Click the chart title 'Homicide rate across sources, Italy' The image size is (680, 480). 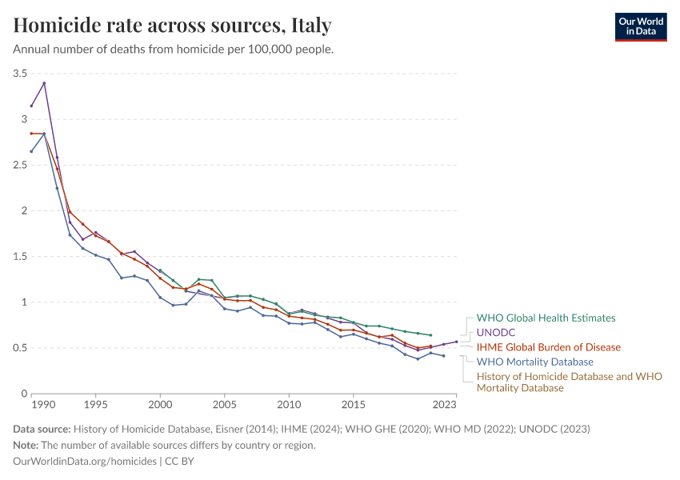point(173,26)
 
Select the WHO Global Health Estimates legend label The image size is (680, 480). point(546,318)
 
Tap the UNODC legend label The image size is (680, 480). point(496,332)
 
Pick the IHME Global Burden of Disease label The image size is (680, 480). point(548,347)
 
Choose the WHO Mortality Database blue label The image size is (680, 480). point(534,362)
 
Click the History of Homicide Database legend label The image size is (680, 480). point(569,382)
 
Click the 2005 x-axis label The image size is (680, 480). point(224,404)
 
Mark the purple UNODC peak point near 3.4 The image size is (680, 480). point(44,83)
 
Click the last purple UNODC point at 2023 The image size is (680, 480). point(456,342)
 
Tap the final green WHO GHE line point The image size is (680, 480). point(430,335)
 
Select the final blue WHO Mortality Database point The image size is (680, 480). point(443,356)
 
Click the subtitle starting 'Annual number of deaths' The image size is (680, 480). point(174,49)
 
